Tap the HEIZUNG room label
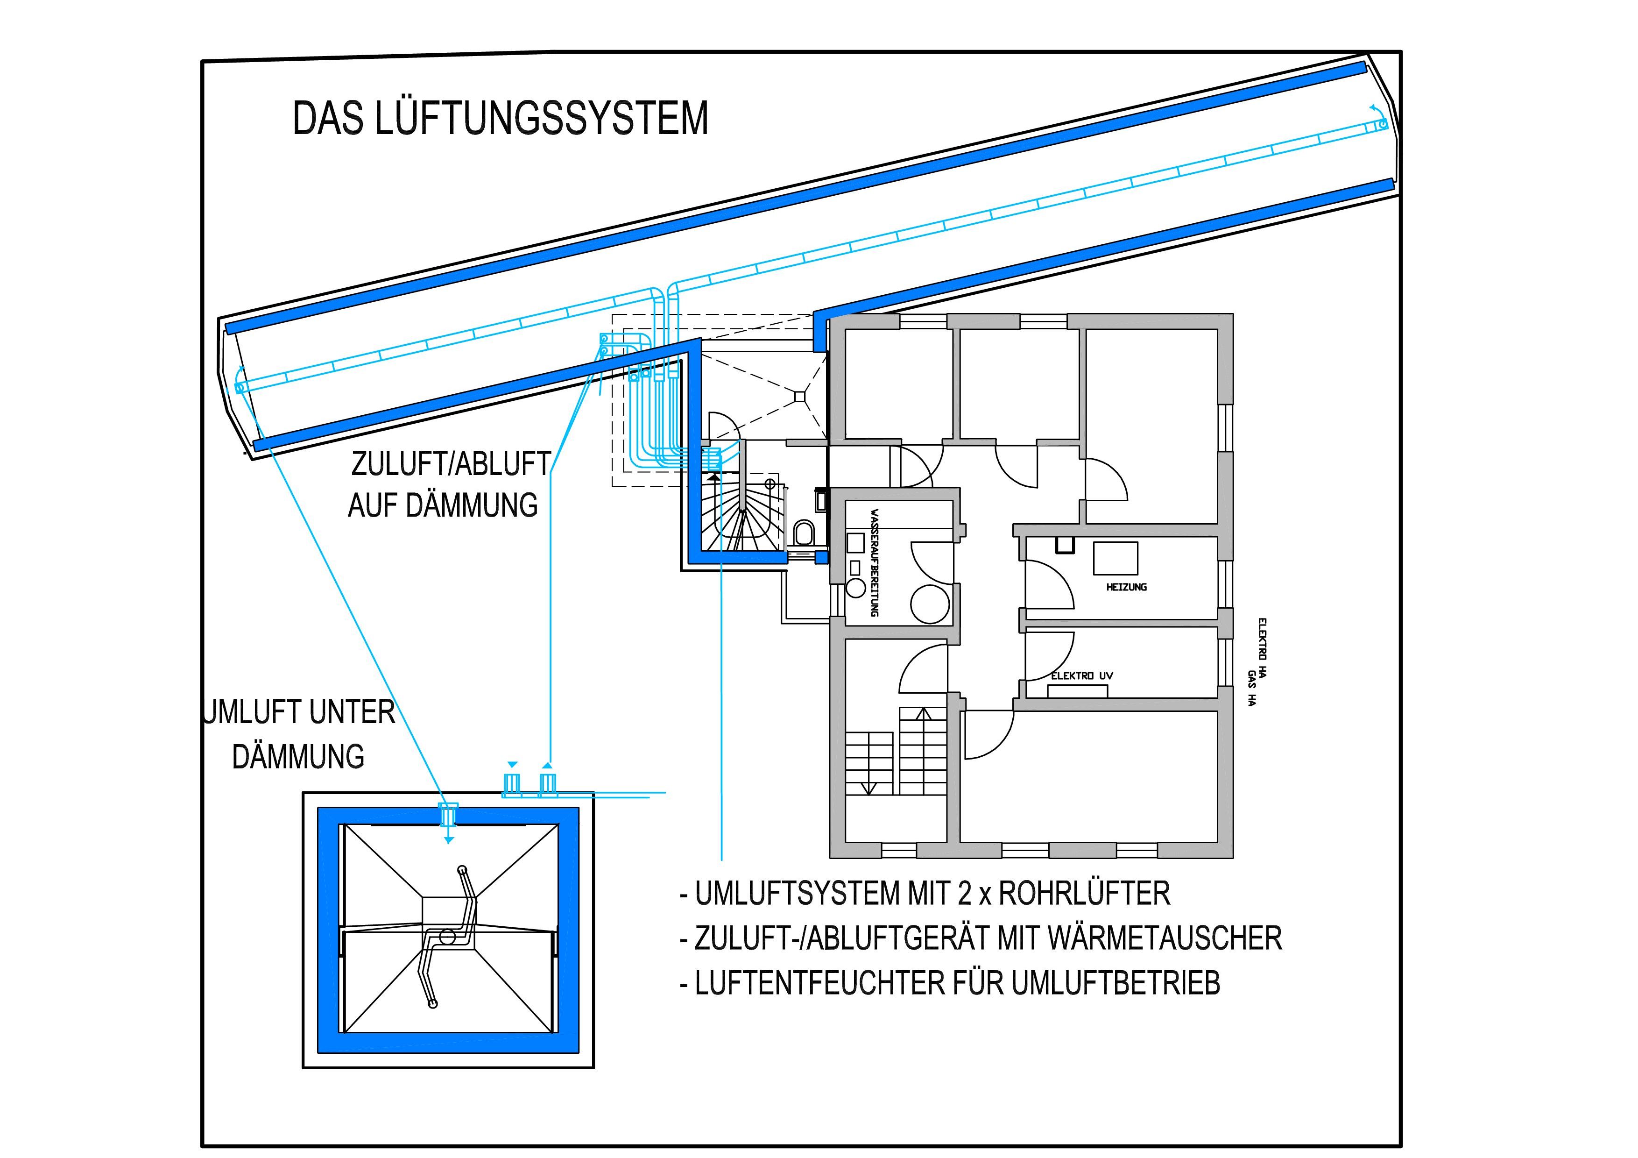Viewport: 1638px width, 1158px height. tap(1127, 587)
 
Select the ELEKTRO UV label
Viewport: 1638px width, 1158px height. tap(1081, 675)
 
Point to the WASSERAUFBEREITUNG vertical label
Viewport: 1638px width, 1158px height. tap(874, 562)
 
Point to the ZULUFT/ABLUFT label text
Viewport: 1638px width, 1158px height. tap(450, 464)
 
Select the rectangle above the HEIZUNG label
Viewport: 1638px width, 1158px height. tap(1116, 558)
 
